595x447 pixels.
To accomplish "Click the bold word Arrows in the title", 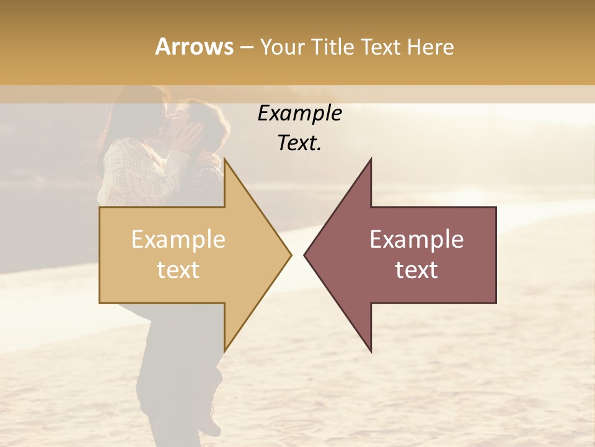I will (193, 47).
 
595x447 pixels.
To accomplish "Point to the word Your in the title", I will (283, 47).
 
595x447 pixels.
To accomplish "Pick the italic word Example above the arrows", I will (299, 114).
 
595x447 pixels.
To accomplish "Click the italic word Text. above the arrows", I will (299, 143).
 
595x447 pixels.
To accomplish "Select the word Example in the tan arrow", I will (178, 240).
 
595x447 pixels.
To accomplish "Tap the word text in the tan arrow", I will (178, 270).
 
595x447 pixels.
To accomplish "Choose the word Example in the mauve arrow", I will (416, 240).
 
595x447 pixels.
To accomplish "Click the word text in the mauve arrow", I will (416, 270).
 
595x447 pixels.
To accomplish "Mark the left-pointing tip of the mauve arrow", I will (305, 255).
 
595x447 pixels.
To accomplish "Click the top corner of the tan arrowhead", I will (224, 159).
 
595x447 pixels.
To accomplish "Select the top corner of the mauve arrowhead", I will (371, 159).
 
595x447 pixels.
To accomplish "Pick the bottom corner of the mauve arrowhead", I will (371, 351).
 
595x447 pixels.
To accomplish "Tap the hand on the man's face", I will (189, 133).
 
